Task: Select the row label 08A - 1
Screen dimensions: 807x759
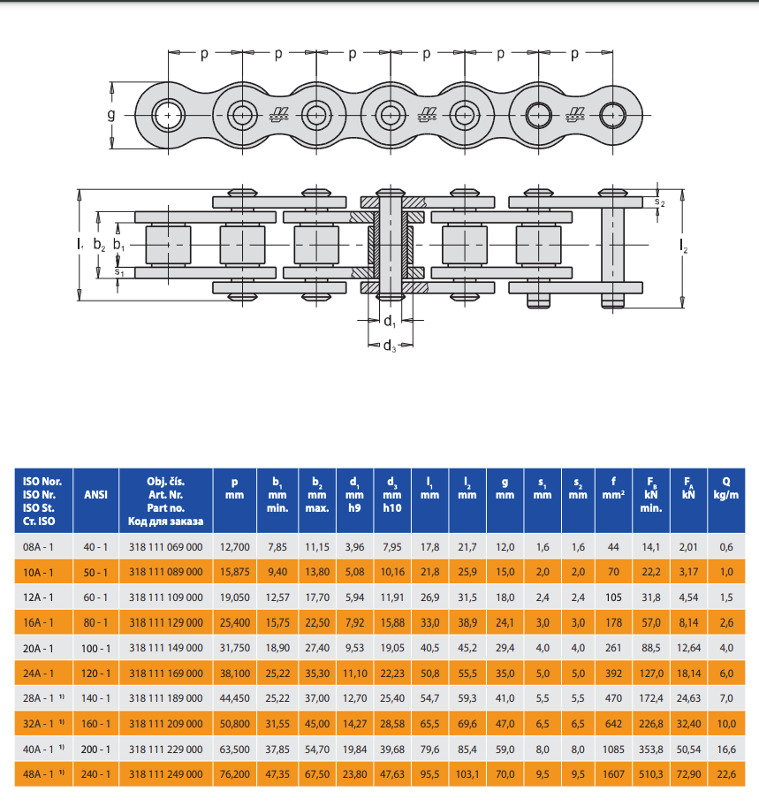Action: pyautogui.click(x=42, y=547)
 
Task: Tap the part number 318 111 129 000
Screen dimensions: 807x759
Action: pyautogui.click(x=165, y=623)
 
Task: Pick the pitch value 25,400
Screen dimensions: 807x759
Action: pyautogui.click(x=234, y=623)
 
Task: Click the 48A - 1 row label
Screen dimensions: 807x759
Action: pyautogui.click(x=42, y=774)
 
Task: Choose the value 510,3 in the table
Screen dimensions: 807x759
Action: pyautogui.click(x=652, y=774)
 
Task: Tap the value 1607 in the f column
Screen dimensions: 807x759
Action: pyautogui.click(x=615, y=774)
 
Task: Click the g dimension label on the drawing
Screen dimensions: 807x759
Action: pyautogui.click(x=111, y=115)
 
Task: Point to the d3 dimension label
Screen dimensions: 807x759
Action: pyautogui.click(x=389, y=345)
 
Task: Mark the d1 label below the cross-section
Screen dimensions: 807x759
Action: pyautogui.click(x=389, y=321)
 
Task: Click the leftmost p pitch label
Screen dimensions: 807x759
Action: pyautogui.click(x=204, y=54)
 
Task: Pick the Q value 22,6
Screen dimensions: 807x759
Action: pyautogui.click(x=725, y=774)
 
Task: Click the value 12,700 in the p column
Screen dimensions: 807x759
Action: pyautogui.click(x=234, y=547)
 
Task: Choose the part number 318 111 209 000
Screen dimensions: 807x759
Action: pyautogui.click(x=165, y=724)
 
